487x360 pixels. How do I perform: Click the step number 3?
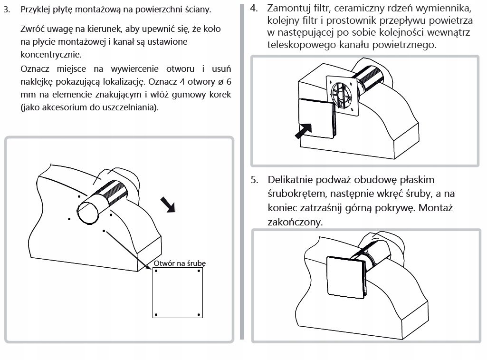7,10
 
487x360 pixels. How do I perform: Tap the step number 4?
255,9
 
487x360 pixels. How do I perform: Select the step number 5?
255,180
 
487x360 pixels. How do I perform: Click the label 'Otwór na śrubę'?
180,263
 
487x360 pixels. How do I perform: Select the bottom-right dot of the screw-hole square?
199,314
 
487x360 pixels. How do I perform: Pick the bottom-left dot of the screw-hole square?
156,314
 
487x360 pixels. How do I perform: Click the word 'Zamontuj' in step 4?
291,9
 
